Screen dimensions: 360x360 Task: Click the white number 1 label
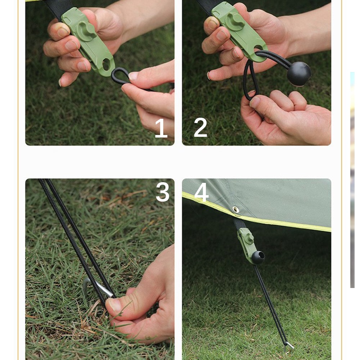[161, 128]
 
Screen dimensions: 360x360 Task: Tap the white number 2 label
[201, 127]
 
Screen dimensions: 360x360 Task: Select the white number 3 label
[162, 192]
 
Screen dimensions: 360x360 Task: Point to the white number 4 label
[201, 192]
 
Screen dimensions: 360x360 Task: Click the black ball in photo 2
[299, 73]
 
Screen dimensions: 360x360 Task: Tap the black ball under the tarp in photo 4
[258, 257]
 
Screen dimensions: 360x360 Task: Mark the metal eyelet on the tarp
[236, 209]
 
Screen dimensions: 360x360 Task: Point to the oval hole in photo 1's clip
[107, 65]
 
